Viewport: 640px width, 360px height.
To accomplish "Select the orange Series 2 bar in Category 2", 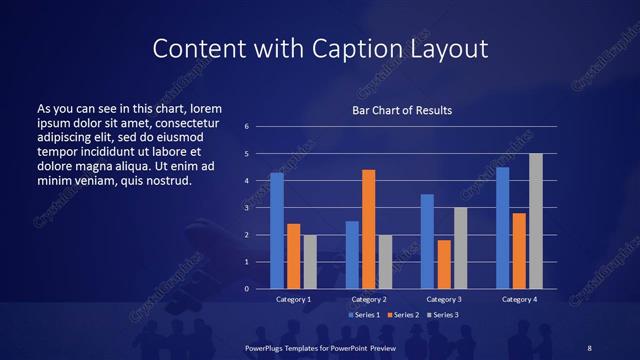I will point(368,229).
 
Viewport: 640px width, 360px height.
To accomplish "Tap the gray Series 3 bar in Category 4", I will point(536,221).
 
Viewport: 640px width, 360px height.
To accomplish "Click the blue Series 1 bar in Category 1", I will point(276,230).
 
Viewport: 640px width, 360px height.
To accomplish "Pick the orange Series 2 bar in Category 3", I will point(444,264).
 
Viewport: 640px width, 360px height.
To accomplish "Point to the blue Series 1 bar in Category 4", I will point(502,227).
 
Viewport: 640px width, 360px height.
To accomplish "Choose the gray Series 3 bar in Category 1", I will point(310,262).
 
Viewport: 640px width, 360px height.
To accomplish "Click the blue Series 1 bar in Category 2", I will point(352,254).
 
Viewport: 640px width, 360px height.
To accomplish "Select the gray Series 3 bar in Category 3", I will point(460,248).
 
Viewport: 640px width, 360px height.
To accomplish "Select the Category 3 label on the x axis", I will point(443,299).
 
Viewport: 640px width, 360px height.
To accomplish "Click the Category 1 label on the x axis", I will point(293,299).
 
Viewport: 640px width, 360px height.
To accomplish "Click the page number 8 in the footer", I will point(589,346).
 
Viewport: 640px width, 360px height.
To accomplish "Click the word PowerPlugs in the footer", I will point(266,346).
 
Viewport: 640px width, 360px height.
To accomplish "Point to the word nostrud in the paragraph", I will point(164,181).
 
